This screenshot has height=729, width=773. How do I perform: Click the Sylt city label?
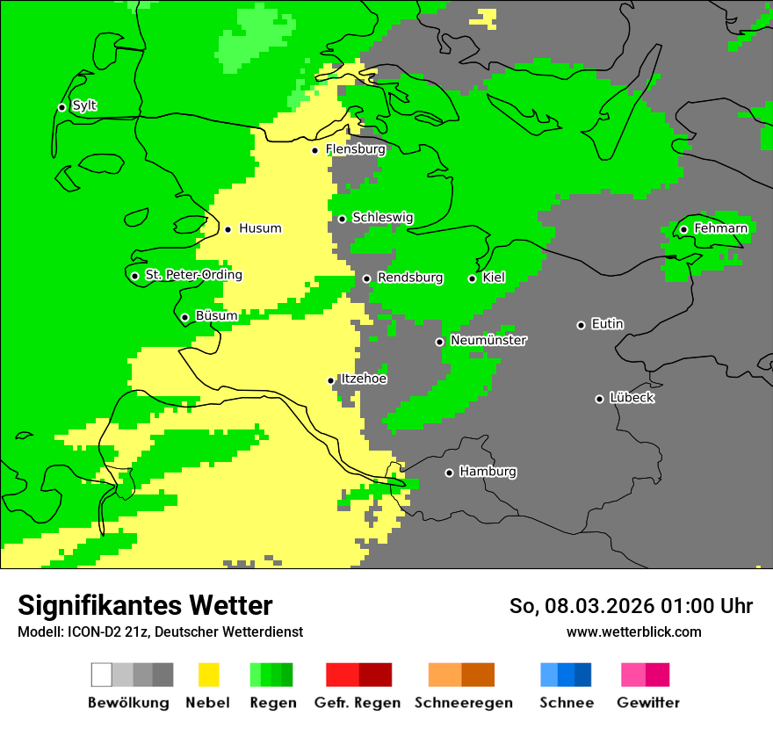click(x=84, y=106)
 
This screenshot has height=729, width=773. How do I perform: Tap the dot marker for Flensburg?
click(x=315, y=150)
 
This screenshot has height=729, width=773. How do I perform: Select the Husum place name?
click(x=260, y=228)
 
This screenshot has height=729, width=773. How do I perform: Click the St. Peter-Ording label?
click(x=193, y=275)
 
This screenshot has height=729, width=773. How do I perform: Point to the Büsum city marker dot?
click(x=184, y=317)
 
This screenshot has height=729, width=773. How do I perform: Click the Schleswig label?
click(x=382, y=218)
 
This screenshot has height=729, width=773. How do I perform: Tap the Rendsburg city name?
click(x=410, y=278)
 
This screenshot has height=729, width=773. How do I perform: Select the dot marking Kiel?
click(x=472, y=278)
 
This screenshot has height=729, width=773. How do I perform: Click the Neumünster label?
click(x=488, y=340)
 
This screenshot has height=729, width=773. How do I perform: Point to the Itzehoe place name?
click(x=363, y=379)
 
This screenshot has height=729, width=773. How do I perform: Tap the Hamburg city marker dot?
click(x=449, y=473)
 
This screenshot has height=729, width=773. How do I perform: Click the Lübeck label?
click(x=632, y=398)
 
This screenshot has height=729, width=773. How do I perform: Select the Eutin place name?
click(x=607, y=324)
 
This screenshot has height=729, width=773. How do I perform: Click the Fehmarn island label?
click(x=720, y=228)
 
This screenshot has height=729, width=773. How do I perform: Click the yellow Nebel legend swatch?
click(x=208, y=675)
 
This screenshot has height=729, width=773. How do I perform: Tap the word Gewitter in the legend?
click(x=647, y=703)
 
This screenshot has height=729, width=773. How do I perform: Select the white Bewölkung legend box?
click(x=102, y=675)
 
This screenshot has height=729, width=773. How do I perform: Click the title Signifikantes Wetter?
click(x=145, y=605)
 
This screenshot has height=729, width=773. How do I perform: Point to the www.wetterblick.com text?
click(x=633, y=632)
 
